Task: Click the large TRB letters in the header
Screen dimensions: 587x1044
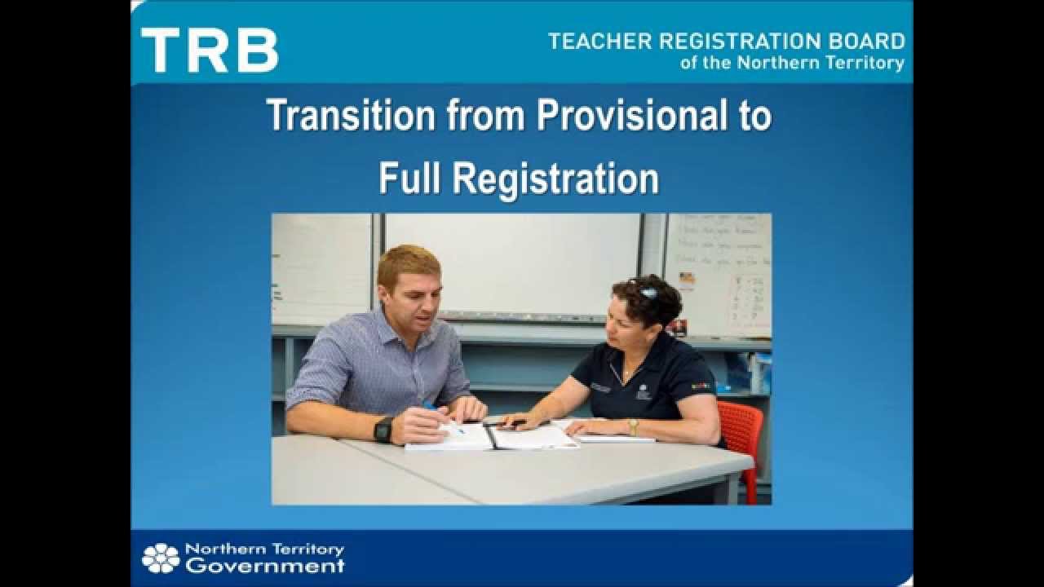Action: tap(210, 50)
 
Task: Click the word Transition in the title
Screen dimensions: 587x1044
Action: tap(351, 115)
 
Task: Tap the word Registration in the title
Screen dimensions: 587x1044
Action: tap(555, 178)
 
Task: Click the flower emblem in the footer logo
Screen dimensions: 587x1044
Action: tap(161, 558)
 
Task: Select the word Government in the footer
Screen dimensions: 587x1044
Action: tap(264, 566)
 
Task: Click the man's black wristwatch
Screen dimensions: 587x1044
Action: tap(383, 430)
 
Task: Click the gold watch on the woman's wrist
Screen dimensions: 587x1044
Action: tap(632, 426)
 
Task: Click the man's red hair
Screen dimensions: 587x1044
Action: tap(409, 260)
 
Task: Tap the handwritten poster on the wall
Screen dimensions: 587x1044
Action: tap(718, 273)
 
